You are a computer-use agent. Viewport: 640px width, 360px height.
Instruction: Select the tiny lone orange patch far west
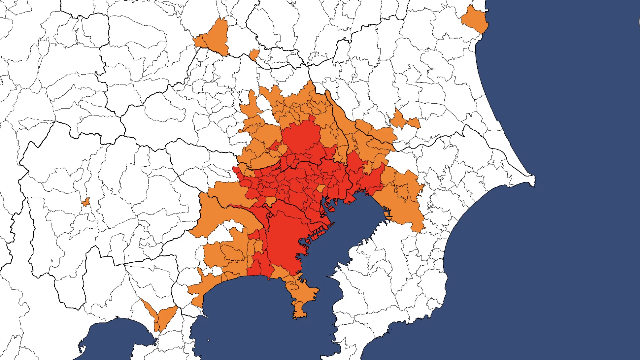(86, 202)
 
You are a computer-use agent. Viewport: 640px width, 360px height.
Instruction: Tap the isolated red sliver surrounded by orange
(274, 146)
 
